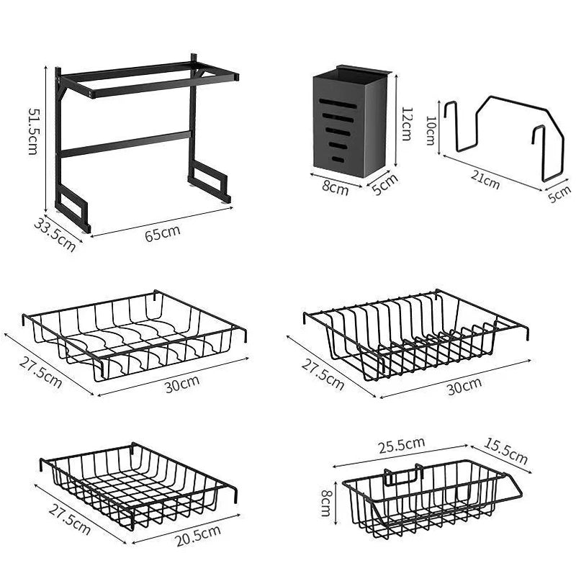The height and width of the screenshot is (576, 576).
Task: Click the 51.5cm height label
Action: point(34,131)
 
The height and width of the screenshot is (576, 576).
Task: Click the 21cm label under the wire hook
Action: point(487,181)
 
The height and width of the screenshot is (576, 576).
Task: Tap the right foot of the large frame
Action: point(209,184)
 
